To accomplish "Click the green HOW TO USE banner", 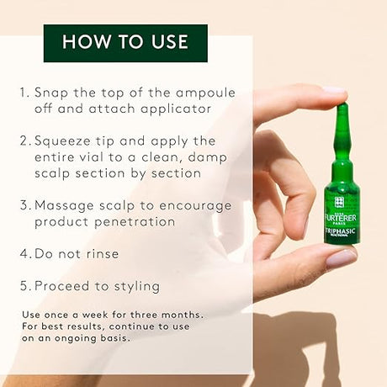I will [125, 42].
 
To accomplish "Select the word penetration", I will [140, 221].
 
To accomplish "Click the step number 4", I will [26, 253].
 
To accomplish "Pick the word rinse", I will [102, 253].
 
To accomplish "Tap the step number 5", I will [26, 285].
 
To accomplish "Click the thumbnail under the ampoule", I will [340, 258].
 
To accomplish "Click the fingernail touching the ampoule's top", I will [335, 91].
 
